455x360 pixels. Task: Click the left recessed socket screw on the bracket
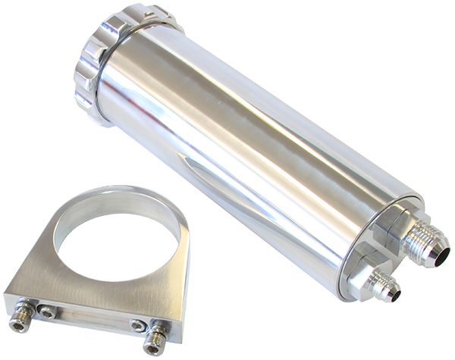pos(47,311)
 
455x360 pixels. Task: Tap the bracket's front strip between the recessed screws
pos(91,318)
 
